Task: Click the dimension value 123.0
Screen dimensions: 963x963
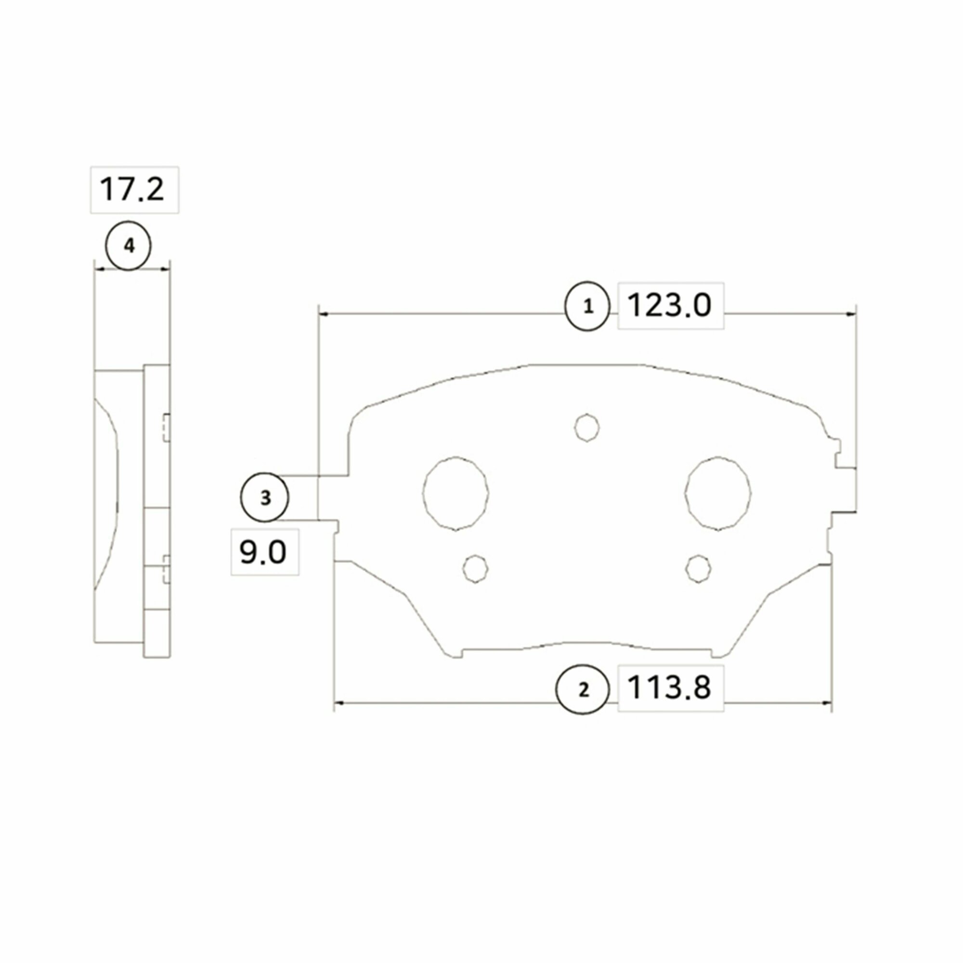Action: pos(669,305)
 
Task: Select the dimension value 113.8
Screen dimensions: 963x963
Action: pos(669,688)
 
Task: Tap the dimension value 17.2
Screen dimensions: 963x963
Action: pos(132,189)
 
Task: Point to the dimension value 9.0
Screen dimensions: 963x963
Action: pos(263,552)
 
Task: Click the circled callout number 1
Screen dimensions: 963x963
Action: pos(587,306)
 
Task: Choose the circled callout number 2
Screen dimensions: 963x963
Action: pos(583,690)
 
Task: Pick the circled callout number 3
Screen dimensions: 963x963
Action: pos(265,497)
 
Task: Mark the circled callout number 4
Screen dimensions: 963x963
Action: pos(129,246)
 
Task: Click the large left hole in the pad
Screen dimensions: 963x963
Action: pos(455,493)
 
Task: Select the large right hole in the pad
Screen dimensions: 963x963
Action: pos(718,493)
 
